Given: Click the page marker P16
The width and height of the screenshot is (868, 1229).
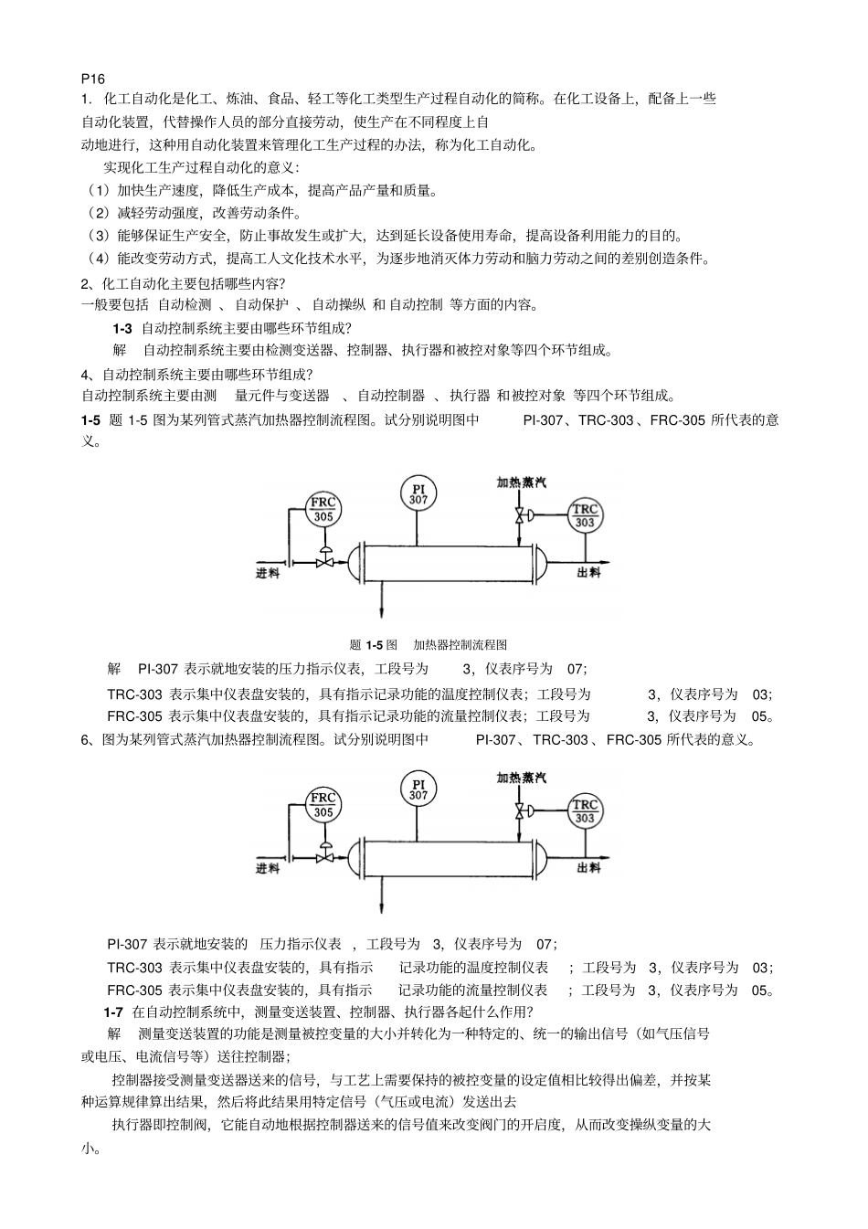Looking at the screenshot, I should [93, 79].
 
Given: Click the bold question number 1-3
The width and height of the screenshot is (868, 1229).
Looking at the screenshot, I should [122, 328].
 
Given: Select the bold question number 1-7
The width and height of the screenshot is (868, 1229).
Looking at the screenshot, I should [113, 1012].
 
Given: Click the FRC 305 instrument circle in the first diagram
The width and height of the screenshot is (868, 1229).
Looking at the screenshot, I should [323, 510].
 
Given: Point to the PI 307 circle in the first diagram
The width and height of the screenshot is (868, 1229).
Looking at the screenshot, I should [418, 494].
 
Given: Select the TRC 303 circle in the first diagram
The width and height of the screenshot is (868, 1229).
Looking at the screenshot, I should [585, 516].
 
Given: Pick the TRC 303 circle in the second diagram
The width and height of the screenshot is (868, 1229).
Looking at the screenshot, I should [585, 811].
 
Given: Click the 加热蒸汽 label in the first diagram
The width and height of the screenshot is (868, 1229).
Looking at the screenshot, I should [521, 482].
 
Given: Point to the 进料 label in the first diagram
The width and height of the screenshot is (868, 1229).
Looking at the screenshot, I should [268, 573].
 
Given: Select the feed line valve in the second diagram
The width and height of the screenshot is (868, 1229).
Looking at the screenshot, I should [323, 858].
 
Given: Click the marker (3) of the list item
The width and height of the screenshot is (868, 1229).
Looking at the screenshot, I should [98, 236].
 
